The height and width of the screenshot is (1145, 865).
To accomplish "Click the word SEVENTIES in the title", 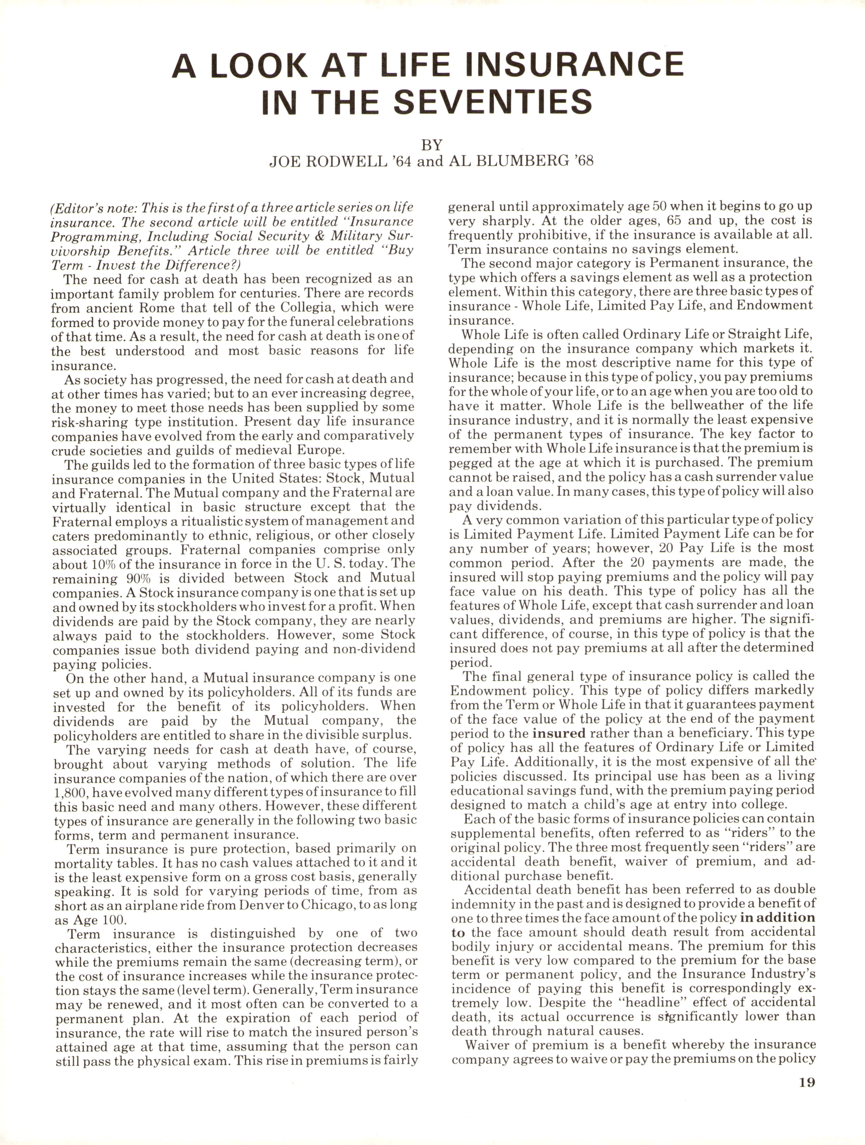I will click(x=492, y=102).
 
